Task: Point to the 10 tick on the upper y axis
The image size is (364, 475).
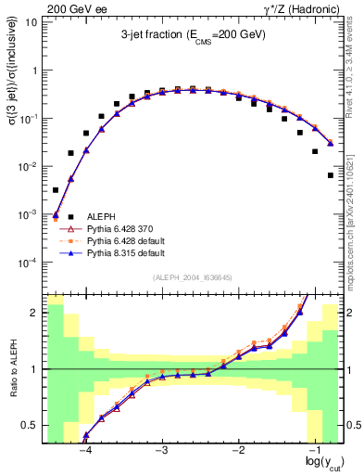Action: (32, 22)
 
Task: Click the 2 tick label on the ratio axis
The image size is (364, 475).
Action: (34, 313)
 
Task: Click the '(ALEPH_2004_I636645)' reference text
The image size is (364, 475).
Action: (193, 277)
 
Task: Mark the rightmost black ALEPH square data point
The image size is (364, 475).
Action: (331, 174)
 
